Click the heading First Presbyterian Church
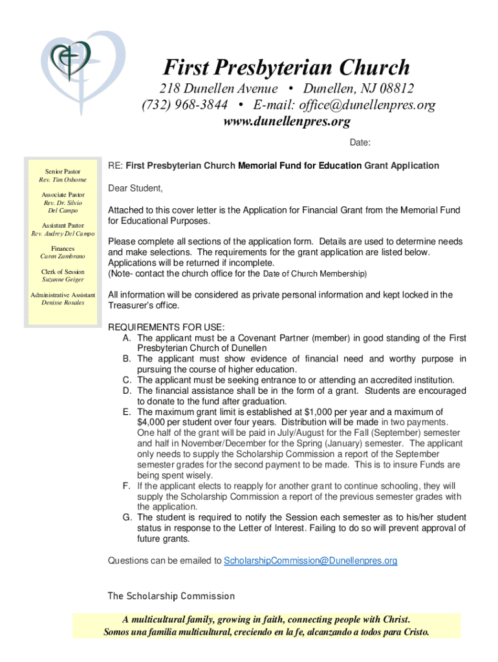[286, 67]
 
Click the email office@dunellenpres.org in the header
[344, 105]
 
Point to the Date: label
[360, 142]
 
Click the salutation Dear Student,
[135, 188]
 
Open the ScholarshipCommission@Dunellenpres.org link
[310, 561]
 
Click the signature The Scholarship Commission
[171, 595]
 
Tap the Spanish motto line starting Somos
[266, 632]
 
